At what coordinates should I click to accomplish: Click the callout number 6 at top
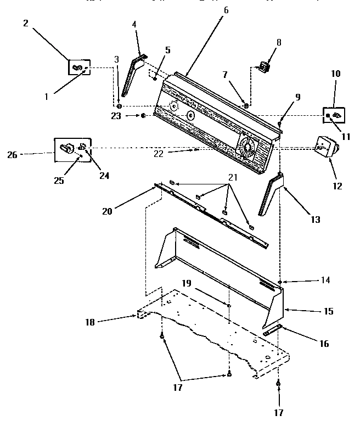(226, 10)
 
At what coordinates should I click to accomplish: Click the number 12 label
(337, 186)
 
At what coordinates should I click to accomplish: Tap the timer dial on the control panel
(246, 147)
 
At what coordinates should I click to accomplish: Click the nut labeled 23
(143, 115)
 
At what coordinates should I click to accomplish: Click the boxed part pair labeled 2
(79, 68)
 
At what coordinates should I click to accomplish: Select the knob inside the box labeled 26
(66, 148)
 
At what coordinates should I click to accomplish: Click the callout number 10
(335, 74)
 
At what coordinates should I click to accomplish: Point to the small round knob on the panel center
(190, 115)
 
